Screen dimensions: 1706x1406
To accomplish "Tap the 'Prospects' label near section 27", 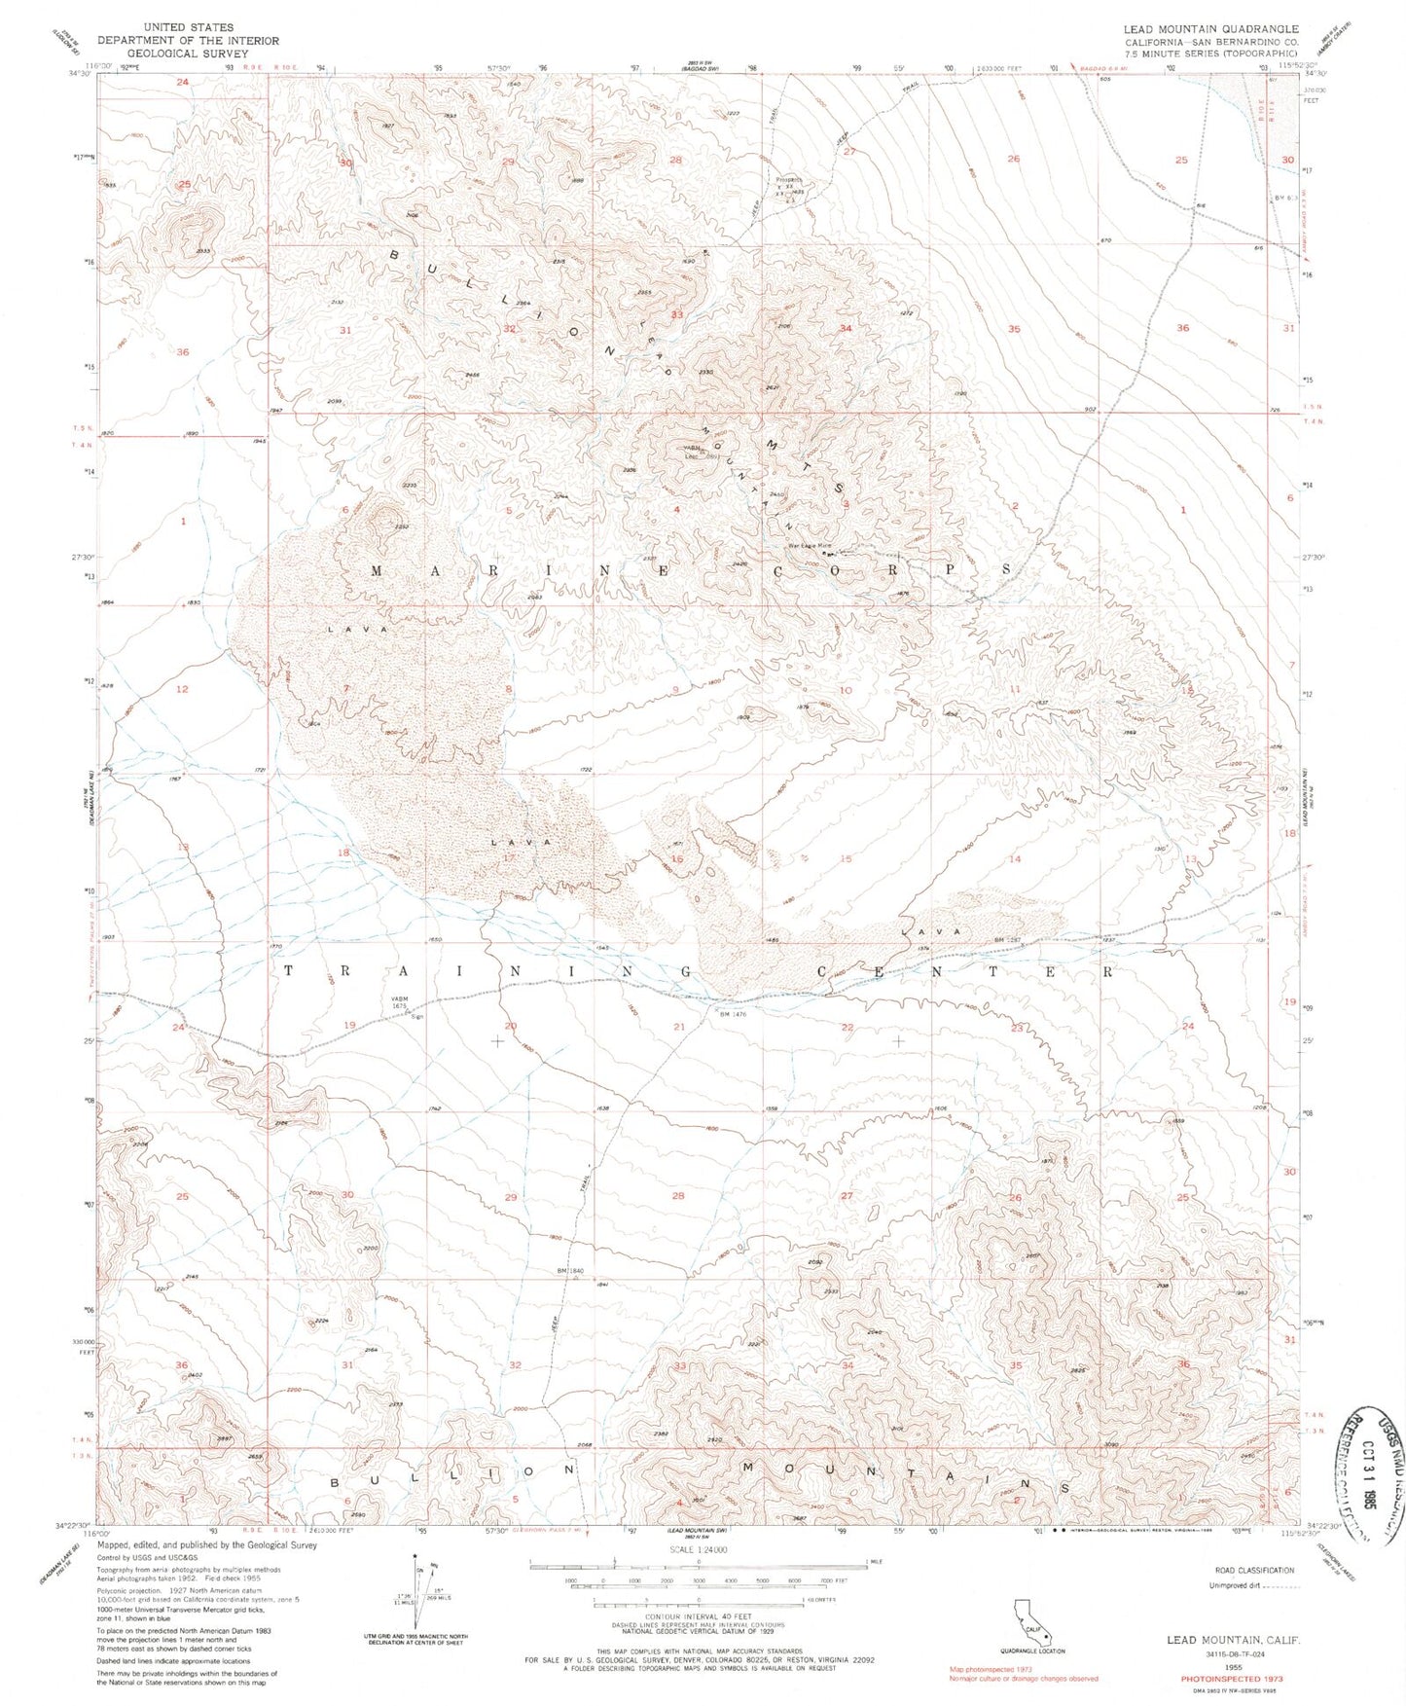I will click(x=788, y=179).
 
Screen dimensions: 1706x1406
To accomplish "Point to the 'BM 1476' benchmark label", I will click(x=732, y=1014).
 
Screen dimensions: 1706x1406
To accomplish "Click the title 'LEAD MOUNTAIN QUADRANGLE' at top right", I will click(x=1210, y=29).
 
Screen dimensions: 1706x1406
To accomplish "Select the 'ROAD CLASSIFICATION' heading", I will click(x=1255, y=1597).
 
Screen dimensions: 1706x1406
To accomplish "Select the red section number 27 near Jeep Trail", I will click(x=849, y=152).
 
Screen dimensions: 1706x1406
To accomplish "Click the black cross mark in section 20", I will click(x=497, y=1041).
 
